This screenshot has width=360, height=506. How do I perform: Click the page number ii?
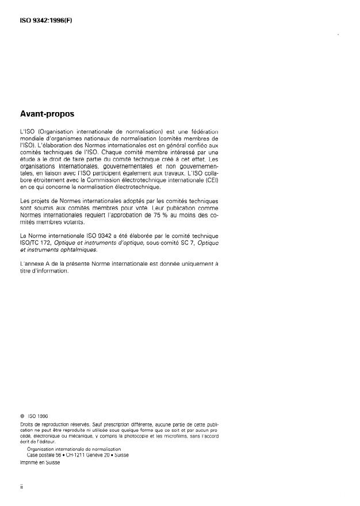tap(21, 486)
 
